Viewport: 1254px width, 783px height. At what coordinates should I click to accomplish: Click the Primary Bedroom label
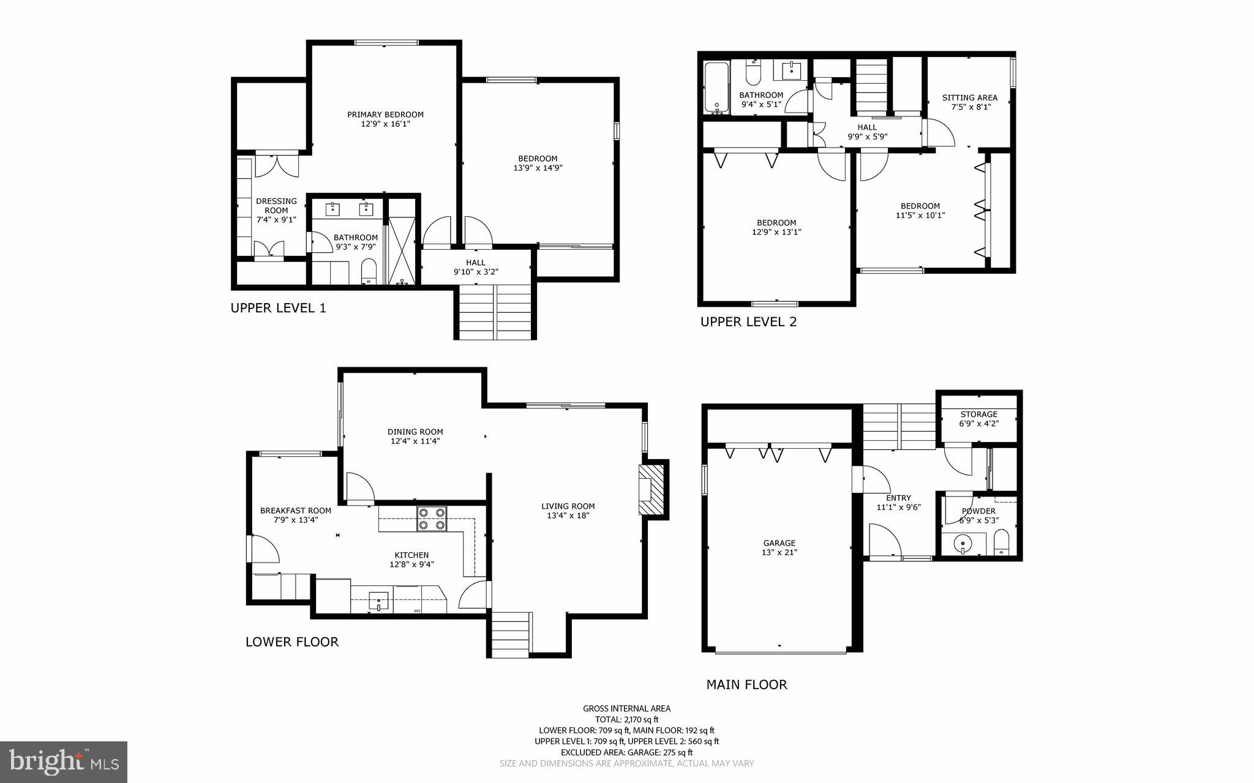click(385, 114)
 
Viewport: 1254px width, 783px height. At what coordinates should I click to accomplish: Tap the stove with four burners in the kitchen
click(432, 519)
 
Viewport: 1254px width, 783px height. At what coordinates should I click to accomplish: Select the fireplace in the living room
click(651, 490)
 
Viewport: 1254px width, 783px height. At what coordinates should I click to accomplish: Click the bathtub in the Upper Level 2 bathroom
click(716, 88)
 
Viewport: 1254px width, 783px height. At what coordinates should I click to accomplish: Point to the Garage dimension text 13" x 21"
click(779, 552)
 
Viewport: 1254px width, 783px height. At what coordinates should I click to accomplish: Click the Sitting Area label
click(969, 97)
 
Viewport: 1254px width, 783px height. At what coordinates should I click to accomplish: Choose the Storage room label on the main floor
click(978, 414)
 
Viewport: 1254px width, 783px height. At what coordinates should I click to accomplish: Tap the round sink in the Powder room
click(963, 542)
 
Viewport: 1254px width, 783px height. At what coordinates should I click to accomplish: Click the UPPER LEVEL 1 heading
click(278, 308)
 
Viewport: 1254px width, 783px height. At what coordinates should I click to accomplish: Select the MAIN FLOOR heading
click(746, 684)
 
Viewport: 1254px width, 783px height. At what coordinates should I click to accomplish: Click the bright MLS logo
click(64, 762)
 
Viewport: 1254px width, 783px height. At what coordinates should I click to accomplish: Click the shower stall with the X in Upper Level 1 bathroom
click(402, 242)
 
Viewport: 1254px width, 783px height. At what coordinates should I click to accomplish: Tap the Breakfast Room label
click(295, 511)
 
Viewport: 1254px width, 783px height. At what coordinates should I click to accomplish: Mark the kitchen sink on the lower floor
click(379, 599)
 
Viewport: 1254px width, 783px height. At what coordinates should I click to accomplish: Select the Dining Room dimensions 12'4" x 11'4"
click(415, 441)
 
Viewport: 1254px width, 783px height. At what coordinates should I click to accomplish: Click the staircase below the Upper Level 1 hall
click(495, 312)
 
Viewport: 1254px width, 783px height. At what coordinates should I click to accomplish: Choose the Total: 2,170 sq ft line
click(626, 719)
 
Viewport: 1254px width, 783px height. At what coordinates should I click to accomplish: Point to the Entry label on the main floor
click(898, 498)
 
